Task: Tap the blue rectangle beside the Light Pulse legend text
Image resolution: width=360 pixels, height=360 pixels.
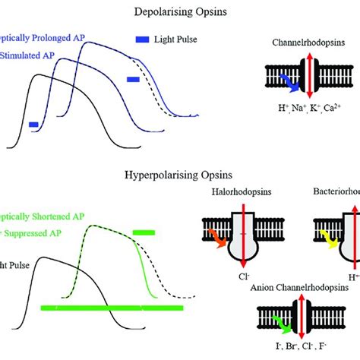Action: (x=142, y=38)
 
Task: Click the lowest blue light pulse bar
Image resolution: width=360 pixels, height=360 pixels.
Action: (x=33, y=125)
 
